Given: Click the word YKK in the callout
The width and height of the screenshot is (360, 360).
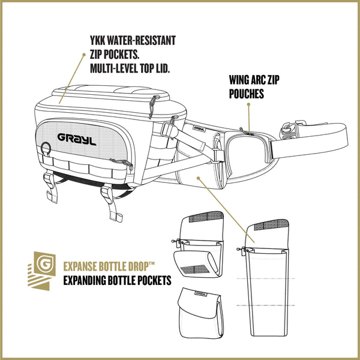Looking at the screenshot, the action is [x=97, y=41].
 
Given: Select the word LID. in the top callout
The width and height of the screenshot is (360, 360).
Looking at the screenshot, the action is [x=163, y=68].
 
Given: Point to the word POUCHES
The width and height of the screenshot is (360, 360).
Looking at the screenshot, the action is [x=247, y=94].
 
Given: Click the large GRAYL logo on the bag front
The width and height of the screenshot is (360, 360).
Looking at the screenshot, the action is [x=77, y=139].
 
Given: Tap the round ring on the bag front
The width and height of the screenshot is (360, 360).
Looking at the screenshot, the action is [x=46, y=148].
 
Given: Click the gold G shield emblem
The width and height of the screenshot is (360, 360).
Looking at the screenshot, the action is [x=45, y=264].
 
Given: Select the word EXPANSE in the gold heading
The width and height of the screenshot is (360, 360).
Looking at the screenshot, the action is [x=80, y=266].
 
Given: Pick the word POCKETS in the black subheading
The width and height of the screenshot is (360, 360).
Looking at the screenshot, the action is [x=155, y=280].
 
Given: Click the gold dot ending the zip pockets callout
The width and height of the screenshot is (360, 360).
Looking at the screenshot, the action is [x=84, y=55].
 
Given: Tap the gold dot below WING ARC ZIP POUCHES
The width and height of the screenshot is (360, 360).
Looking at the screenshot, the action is [x=248, y=104].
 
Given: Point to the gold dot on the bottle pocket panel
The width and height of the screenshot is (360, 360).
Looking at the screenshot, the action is [x=199, y=178].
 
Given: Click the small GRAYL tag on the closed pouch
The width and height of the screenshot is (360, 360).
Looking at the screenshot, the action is [x=200, y=293].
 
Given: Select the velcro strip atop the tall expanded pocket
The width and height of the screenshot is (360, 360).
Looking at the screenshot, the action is [x=271, y=224].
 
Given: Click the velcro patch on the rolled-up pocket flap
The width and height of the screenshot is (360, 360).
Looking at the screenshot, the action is [x=194, y=269].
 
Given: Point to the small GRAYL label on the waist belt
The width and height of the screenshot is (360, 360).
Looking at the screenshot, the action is [x=199, y=129].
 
